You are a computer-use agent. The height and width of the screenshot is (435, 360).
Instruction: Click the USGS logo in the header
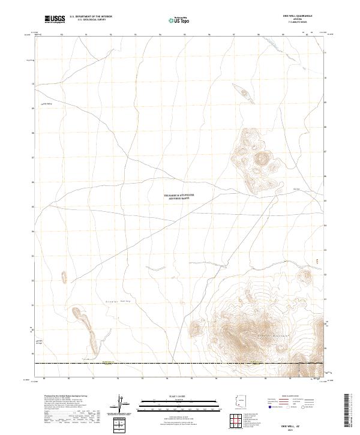coord(55,19)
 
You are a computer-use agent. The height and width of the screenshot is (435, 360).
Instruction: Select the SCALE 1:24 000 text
coord(179,395)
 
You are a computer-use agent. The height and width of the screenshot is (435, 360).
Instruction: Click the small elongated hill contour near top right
coord(242,92)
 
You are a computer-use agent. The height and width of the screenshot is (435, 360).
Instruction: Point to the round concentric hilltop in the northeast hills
coord(262,158)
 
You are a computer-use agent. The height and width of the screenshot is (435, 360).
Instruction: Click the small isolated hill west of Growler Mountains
coord(194,328)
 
